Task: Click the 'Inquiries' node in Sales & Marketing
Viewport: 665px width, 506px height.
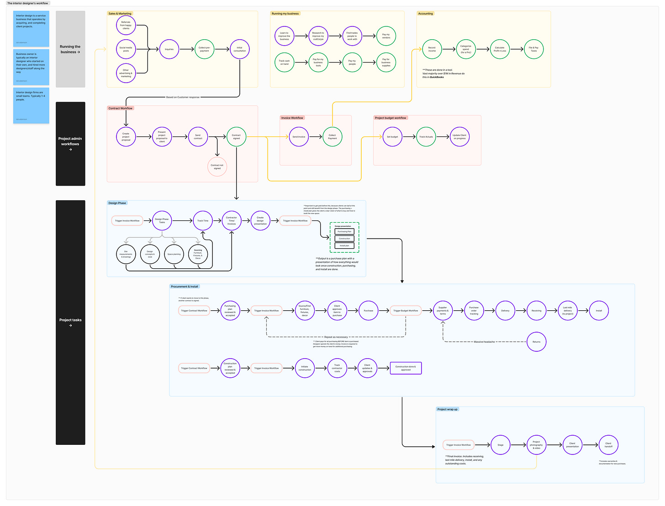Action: click(x=169, y=49)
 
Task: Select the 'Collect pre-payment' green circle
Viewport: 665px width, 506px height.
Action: click(x=204, y=49)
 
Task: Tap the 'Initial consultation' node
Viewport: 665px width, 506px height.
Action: click(x=239, y=49)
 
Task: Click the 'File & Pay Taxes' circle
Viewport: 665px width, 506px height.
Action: click(x=533, y=49)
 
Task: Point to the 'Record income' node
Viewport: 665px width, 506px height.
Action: click(x=432, y=49)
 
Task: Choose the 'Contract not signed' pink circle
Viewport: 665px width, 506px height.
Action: click(x=217, y=167)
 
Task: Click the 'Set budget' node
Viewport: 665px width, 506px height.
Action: click(x=392, y=137)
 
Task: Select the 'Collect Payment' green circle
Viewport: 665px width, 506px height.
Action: click(x=332, y=137)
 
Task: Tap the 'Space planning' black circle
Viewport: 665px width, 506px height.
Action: click(x=174, y=254)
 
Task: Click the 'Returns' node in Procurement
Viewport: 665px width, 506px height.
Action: click(x=536, y=342)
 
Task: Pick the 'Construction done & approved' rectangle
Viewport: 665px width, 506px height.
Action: click(x=406, y=368)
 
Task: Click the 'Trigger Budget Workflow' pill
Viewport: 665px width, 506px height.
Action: click(x=406, y=311)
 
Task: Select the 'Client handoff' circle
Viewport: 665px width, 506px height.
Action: click(x=608, y=445)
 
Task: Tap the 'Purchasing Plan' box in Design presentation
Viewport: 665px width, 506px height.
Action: click(x=344, y=232)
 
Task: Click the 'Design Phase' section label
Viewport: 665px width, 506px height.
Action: click(x=117, y=203)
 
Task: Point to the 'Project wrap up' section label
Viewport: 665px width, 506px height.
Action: click(x=447, y=409)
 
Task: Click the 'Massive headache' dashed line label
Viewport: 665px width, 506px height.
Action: click(x=484, y=342)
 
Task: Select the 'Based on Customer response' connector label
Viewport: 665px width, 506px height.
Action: click(x=183, y=97)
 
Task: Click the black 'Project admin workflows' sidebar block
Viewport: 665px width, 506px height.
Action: click(x=70, y=144)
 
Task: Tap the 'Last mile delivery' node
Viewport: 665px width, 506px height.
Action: click(x=567, y=311)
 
